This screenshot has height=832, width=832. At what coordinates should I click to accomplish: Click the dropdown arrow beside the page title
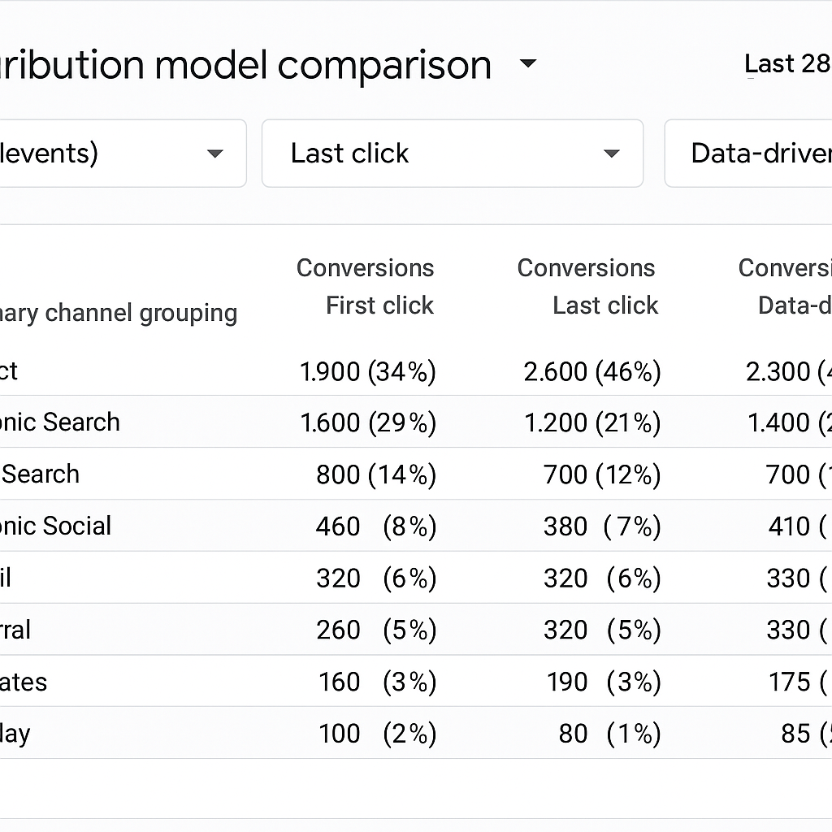tap(528, 64)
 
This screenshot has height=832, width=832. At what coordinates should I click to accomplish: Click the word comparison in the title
tap(384, 66)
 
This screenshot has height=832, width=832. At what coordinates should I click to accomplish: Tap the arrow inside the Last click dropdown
tap(612, 154)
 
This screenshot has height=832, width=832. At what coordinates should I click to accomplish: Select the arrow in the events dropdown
tap(215, 154)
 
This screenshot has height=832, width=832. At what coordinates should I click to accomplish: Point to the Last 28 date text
tap(786, 64)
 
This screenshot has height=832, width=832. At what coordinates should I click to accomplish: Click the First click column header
tap(379, 305)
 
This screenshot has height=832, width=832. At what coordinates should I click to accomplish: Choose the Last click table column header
tap(604, 305)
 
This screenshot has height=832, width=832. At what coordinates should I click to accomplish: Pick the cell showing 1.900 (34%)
tap(367, 371)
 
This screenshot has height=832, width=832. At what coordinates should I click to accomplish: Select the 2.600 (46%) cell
tap(591, 371)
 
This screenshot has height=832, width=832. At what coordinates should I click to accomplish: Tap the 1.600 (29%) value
tap(367, 422)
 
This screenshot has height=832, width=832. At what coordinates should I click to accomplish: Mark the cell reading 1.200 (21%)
tap(591, 422)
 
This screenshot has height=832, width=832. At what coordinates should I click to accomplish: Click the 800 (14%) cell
tap(375, 474)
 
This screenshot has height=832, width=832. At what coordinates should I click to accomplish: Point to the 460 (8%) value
tap(375, 526)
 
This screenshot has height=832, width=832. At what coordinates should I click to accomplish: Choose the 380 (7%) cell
tap(601, 526)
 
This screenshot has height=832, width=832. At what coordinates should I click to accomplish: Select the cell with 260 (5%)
tap(375, 630)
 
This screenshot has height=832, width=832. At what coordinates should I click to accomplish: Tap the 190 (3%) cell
tap(601, 682)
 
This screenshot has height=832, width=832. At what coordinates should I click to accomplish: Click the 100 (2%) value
tap(375, 734)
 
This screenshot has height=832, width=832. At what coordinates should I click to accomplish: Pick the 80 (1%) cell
tap(609, 734)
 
